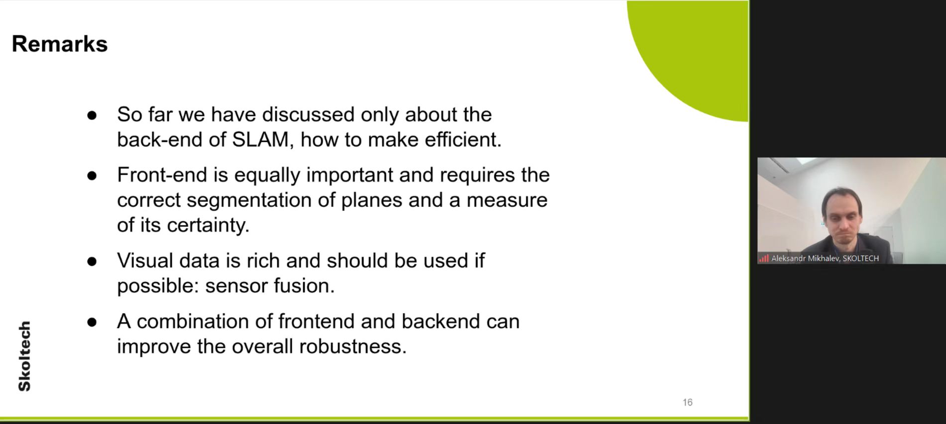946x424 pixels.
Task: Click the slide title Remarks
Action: pyautogui.click(x=60, y=44)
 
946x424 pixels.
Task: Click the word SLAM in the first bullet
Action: pyautogui.click(x=260, y=140)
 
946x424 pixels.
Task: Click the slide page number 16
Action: pyautogui.click(x=688, y=402)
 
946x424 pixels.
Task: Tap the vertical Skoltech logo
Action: pyautogui.click(x=24, y=356)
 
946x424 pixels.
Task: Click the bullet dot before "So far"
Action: pyautogui.click(x=92, y=115)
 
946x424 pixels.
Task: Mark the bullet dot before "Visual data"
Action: pyautogui.click(x=92, y=262)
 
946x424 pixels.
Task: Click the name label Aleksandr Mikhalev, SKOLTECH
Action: pyautogui.click(x=825, y=258)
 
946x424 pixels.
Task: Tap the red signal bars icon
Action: pyautogui.click(x=764, y=258)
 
